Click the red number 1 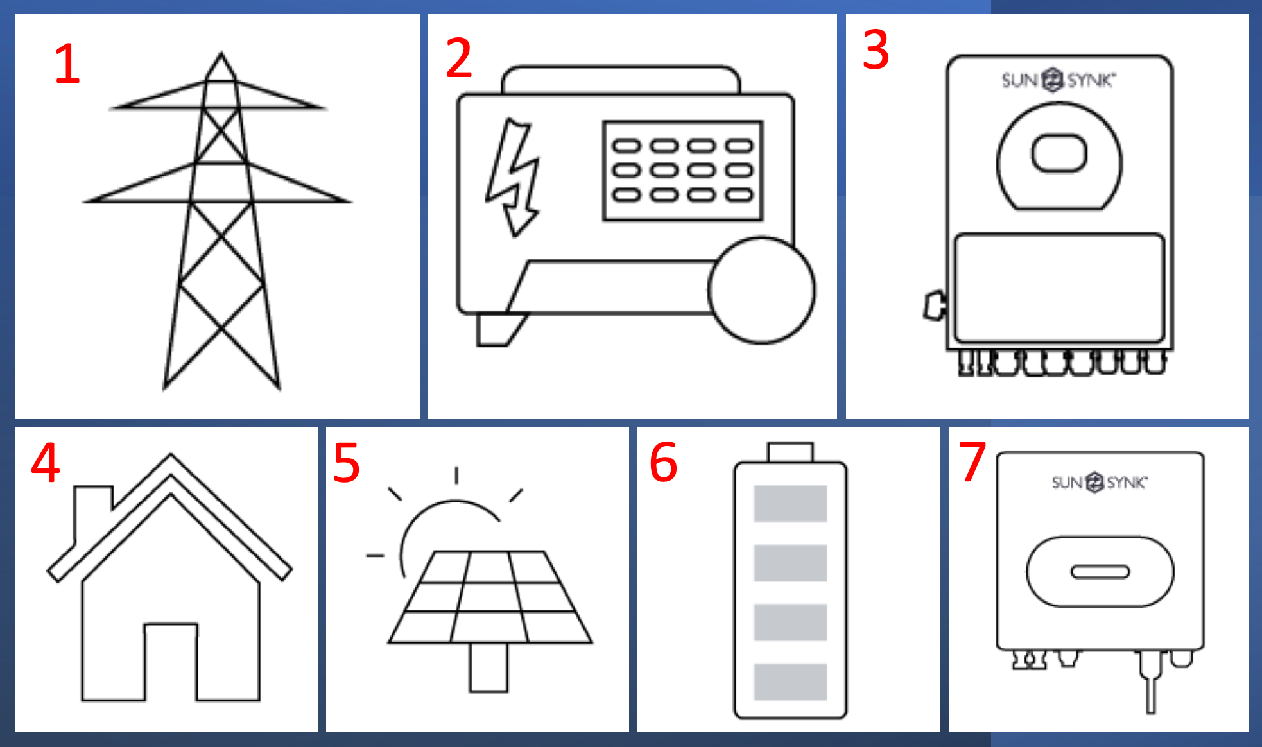(x=67, y=64)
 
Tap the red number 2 (x=459, y=58)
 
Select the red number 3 (x=876, y=49)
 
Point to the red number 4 (x=46, y=462)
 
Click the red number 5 (x=347, y=462)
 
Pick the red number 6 (x=663, y=462)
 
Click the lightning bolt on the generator (x=514, y=177)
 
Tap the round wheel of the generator (x=762, y=291)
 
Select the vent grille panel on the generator (x=683, y=171)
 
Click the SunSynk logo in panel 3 (x=1059, y=80)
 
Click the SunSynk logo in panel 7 (x=1100, y=482)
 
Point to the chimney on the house (x=94, y=513)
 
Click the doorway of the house (x=171, y=661)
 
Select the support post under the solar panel (x=488, y=667)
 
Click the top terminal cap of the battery (x=790, y=452)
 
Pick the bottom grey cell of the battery (x=790, y=682)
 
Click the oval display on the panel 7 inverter (x=1100, y=572)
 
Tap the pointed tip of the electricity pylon (x=221, y=52)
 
